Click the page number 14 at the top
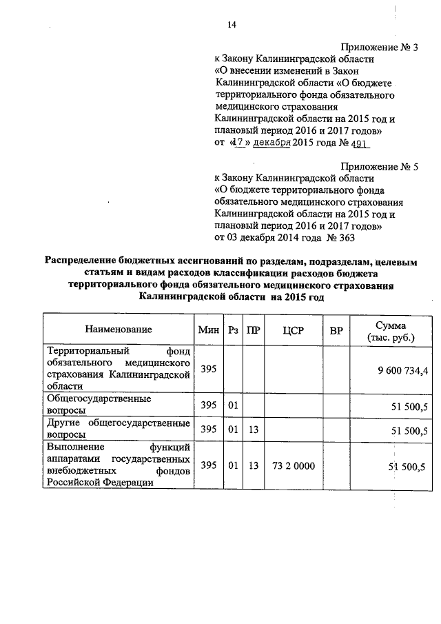pos(232,25)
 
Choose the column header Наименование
pos(119,330)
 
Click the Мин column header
pos(208,330)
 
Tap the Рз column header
pos(234,330)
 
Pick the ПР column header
pos(254,330)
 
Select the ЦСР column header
pos(293,330)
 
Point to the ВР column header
pos(336,330)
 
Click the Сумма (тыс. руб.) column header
pos(391,330)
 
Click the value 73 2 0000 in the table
pos(294,466)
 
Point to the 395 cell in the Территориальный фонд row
pos(208,370)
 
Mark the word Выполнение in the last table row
pos(74,448)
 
